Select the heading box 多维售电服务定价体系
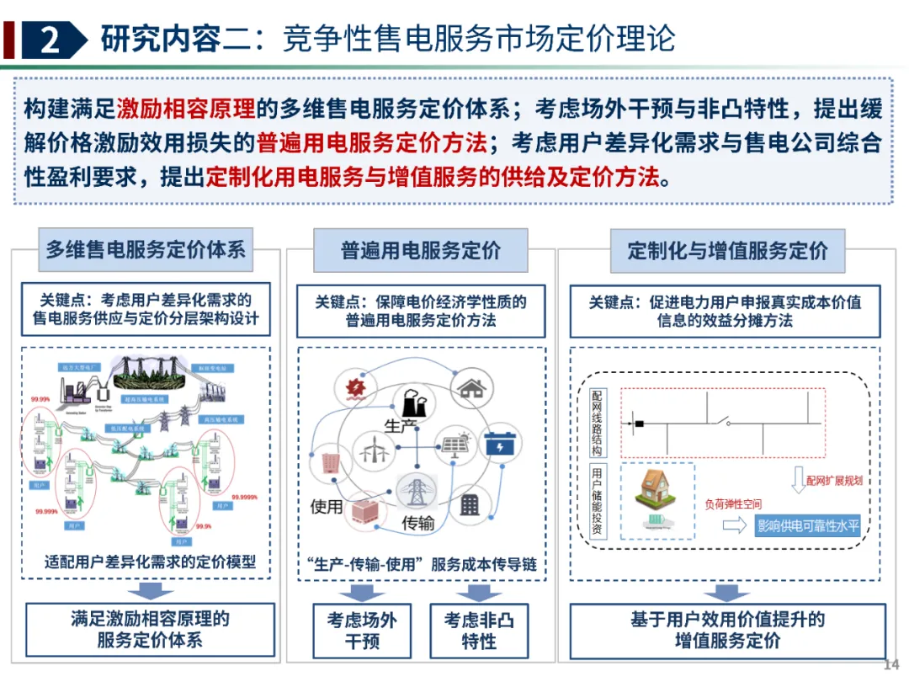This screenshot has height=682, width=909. (x=146, y=249)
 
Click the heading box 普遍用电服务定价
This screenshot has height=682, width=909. (x=421, y=250)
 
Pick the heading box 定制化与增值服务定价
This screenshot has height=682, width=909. (x=728, y=250)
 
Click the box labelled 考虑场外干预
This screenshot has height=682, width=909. (x=362, y=631)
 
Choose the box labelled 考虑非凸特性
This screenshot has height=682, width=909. (x=479, y=631)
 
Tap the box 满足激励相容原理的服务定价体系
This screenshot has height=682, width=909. (x=150, y=629)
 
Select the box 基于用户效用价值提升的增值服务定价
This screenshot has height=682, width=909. (x=728, y=629)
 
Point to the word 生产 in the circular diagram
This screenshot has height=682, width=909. (x=401, y=426)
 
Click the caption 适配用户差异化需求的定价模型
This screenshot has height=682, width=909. (x=150, y=562)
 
